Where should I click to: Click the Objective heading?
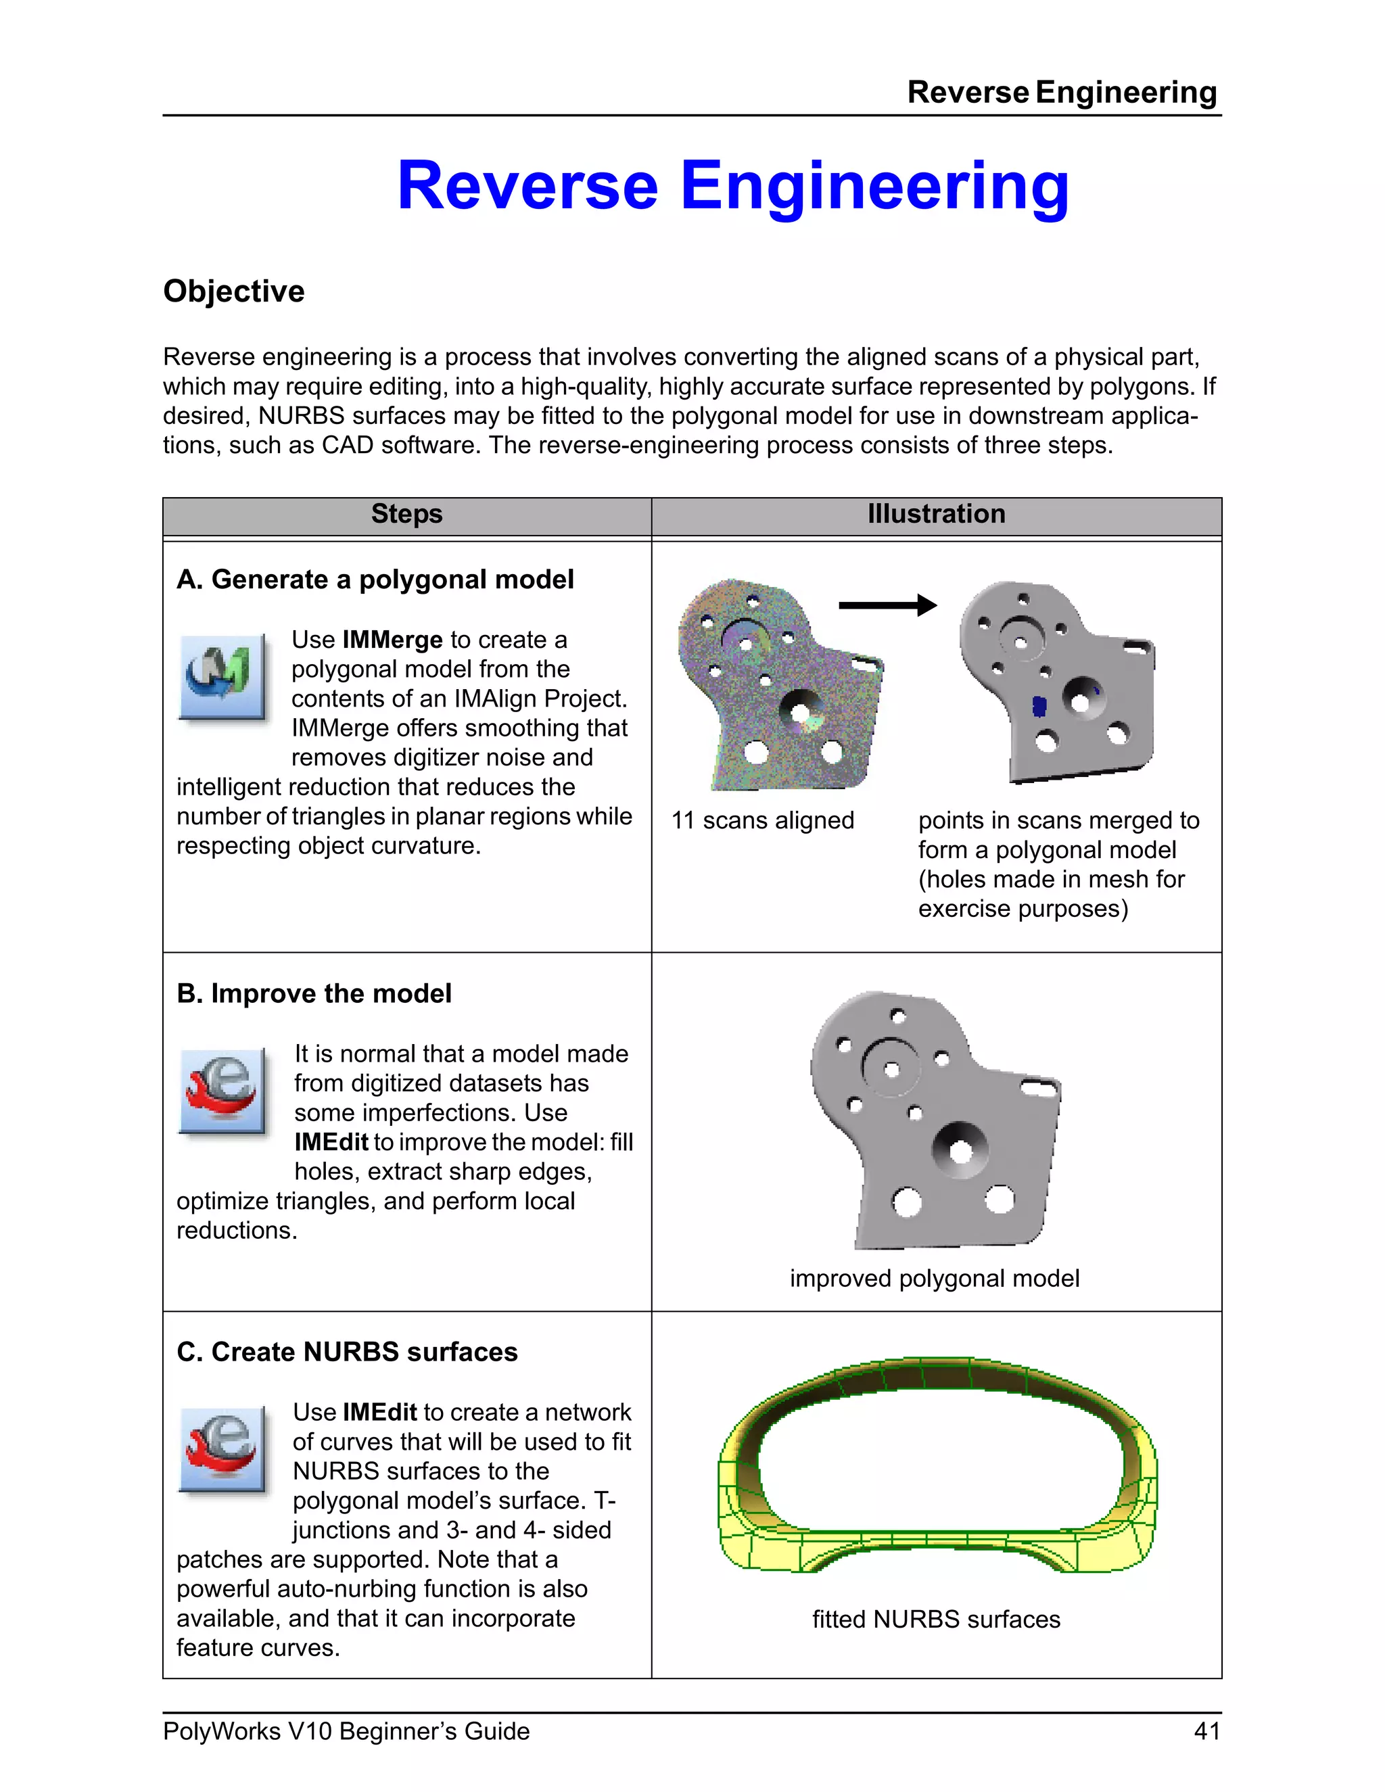[234, 291]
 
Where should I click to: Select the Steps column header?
[406, 515]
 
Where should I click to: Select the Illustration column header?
[936, 515]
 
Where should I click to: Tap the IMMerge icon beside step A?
[222, 677]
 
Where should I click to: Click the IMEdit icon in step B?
[222, 1091]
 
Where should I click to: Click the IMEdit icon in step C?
[222, 1449]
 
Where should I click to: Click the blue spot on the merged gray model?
[1039, 705]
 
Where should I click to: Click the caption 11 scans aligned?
[762, 820]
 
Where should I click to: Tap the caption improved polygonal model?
[935, 1278]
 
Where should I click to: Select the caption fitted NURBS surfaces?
[936, 1619]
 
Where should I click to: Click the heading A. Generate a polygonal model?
[375, 580]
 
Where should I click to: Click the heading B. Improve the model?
[314, 993]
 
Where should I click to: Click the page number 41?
[1206, 1731]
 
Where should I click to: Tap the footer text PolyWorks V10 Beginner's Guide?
[346, 1731]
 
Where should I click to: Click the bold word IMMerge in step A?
[392, 640]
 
